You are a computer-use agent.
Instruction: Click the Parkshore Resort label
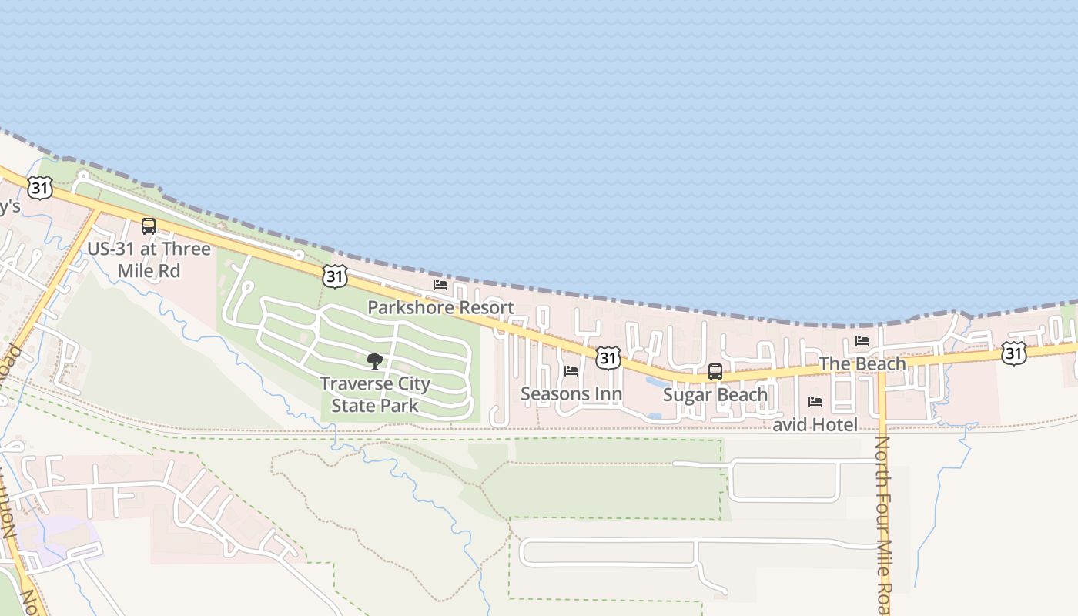click(x=440, y=307)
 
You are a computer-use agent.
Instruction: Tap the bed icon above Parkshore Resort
click(x=440, y=285)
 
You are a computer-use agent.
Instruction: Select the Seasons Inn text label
click(x=571, y=394)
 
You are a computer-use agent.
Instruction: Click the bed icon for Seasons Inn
click(x=571, y=371)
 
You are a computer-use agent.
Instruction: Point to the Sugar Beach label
click(x=715, y=395)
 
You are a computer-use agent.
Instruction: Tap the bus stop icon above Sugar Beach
click(x=715, y=372)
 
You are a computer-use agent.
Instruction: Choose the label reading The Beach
click(x=862, y=363)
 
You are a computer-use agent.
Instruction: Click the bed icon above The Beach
click(x=862, y=341)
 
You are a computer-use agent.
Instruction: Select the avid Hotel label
click(x=815, y=424)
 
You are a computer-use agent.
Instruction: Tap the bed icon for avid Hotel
click(x=815, y=402)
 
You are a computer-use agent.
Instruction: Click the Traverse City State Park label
click(x=375, y=394)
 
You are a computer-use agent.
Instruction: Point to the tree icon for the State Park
click(x=375, y=360)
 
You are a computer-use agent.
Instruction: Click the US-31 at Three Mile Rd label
click(x=149, y=259)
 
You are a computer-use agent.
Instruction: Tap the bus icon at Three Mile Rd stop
click(x=149, y=226)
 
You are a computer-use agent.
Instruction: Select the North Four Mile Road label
click(x=882, y=524)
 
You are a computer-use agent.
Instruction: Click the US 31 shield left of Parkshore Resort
click(x=335, y=276)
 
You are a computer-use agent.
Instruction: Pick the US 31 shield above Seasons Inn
click(x=608, y=357)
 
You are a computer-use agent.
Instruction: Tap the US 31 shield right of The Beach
click(x=1014, y=353)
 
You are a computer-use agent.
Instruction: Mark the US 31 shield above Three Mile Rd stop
click(x=40, y=186)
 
